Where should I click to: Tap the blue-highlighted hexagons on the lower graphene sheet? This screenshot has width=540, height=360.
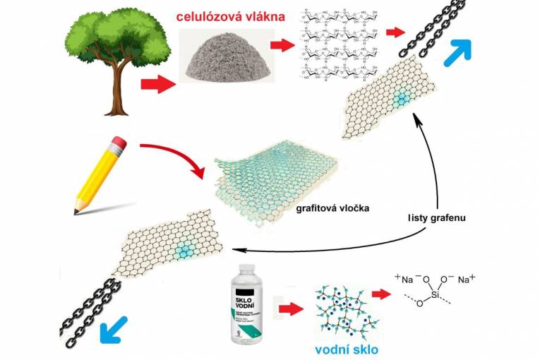tap(184, 248)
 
